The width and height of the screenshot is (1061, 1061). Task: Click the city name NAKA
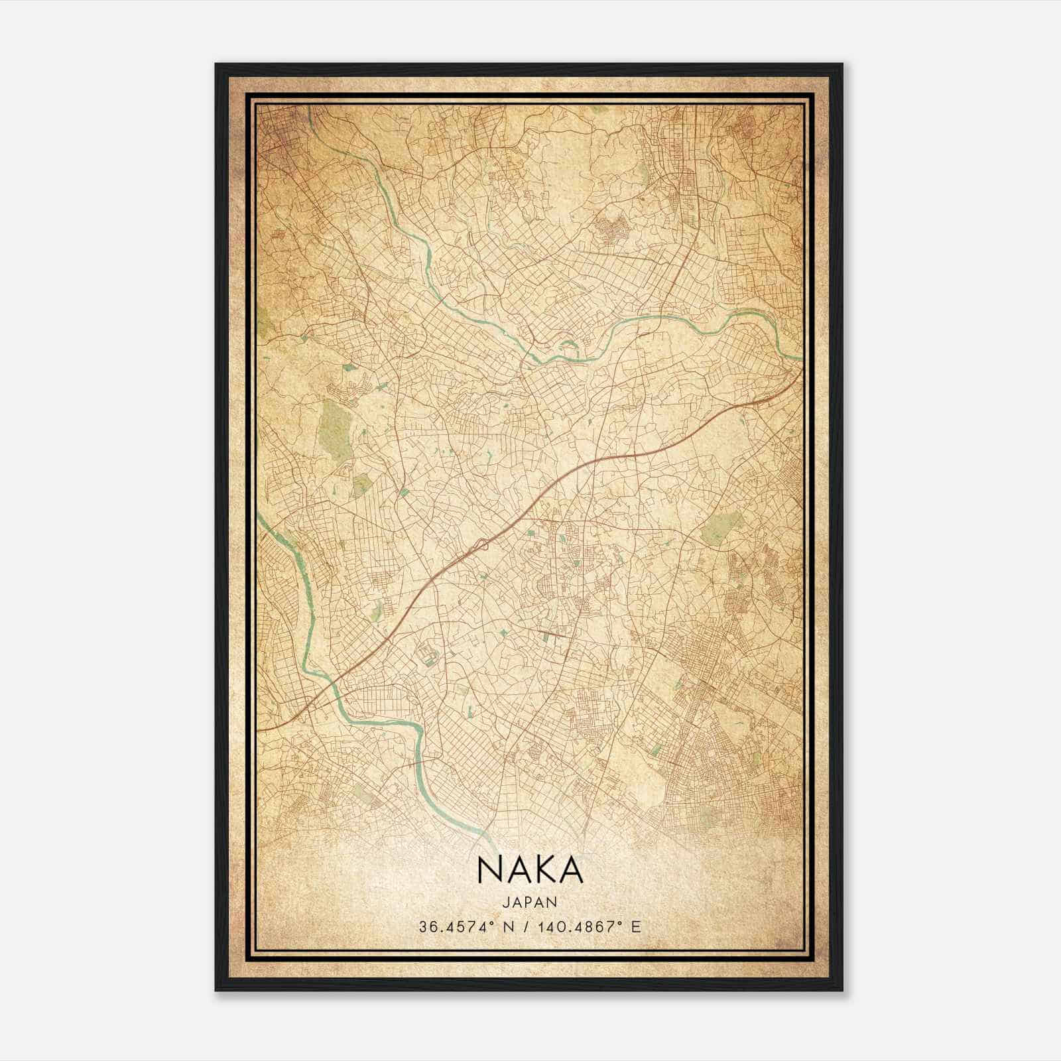click(x=529, y=871)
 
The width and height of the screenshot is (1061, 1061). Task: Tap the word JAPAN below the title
click(x=530, y=902)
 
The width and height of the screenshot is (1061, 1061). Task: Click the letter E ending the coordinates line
click(x=637, y=926)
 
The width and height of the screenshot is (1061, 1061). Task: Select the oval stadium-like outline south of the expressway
click(x=424, y=657)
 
